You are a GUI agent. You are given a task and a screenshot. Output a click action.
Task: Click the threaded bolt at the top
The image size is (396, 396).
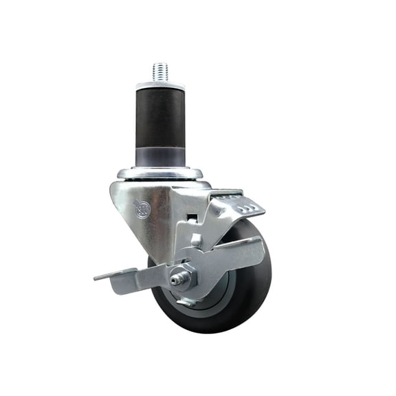point(159,70)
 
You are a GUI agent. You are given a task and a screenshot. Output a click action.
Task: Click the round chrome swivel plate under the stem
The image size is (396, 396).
point(159,173)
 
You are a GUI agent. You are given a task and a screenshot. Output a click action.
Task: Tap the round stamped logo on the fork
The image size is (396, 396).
point(141,208)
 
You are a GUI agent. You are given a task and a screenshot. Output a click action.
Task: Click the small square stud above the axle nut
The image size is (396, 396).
point(196,241)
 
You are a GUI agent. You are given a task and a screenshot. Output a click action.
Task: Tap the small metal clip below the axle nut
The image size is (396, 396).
point(187,300)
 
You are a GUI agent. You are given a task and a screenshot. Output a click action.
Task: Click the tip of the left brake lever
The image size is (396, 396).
point(97,278)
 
